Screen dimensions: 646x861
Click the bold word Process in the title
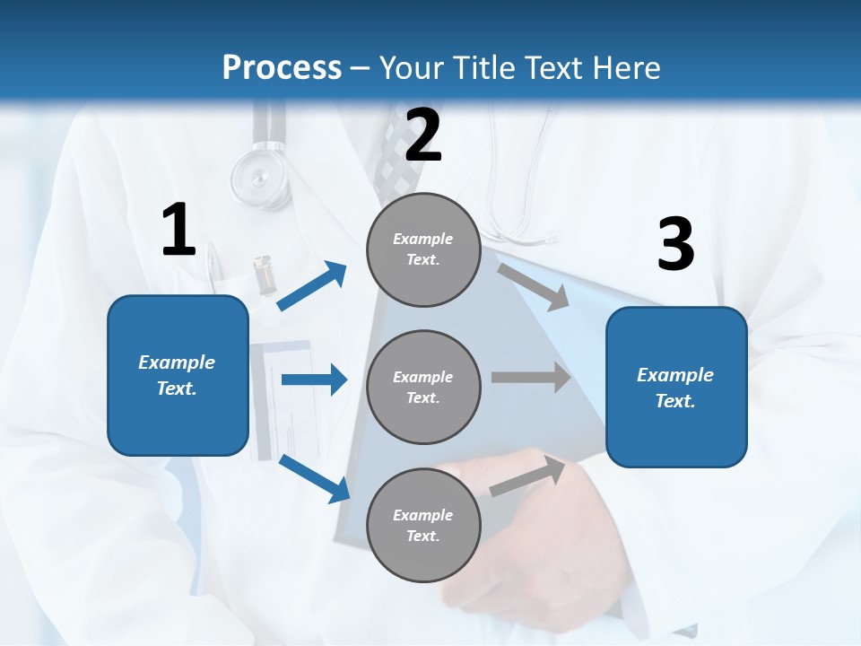282,68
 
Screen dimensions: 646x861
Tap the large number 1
178,231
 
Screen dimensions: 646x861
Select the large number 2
423,135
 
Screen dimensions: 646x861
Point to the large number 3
675,245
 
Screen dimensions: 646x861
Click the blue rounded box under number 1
178,375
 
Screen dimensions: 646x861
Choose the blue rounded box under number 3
676,387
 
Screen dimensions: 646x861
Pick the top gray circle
423,249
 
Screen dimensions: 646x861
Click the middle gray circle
423,387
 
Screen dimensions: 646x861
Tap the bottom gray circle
423,525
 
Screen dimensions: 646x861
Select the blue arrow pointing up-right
312,286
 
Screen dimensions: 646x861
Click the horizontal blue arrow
314,380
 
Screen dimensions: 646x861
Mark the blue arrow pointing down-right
314,478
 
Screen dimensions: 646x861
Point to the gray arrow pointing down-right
534,286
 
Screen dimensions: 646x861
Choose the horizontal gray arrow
531,378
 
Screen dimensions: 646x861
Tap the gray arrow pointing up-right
528,475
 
